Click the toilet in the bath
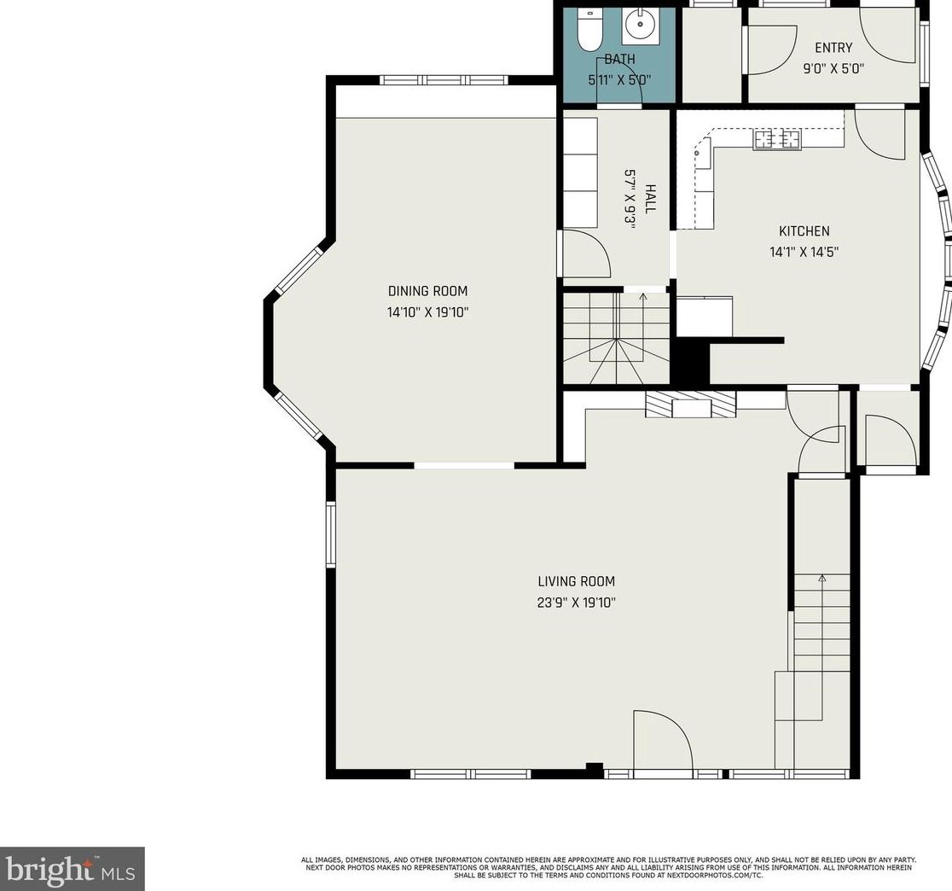tap(589, 30)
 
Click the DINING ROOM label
tap(428, 291)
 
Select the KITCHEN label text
tap(804, 230)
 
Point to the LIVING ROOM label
tap(576, 581)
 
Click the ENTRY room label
tap(833, 48)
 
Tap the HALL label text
tap(650, 199)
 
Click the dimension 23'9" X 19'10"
tap(576, 603)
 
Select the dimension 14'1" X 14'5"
tap(804, 252)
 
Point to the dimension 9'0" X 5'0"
tap(833, 68)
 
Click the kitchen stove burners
tap(777, 140)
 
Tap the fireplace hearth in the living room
tap(690, 405)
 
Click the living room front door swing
tap(663, 739)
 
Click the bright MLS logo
tap(72, 869)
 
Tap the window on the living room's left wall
tap(331, 534)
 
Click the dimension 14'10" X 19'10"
tap(428, 313)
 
